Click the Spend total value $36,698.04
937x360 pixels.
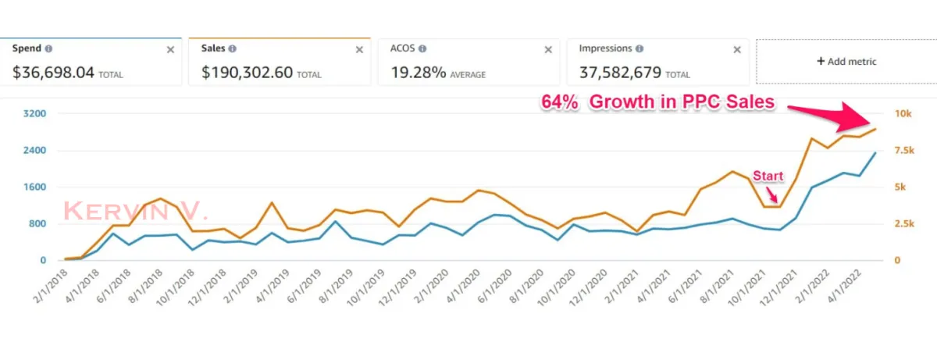pyautogui.click(x=53, y=73)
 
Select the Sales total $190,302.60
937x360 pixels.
pyautogui.click(x=247, y=73)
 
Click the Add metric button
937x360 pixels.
pyautogui.click(x=846, y=61)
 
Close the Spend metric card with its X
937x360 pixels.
pyautogui.click(x=170, y=49)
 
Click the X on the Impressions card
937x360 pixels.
pyautogui.click(x=737, y=49)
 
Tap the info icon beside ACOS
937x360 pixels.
pyautogui.click(x=422, y=48)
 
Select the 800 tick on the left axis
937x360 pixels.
pyautogui.click(x=38, y=224)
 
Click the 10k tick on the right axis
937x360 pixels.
pyautogui.click(x=903, y=114)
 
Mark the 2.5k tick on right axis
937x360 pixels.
pyautogui.click(x=904, y=224)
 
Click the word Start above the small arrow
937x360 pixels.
pyautogui.click(x=767, y=176)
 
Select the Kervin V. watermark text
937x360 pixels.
pyautogui.click(x=135, y=210)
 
